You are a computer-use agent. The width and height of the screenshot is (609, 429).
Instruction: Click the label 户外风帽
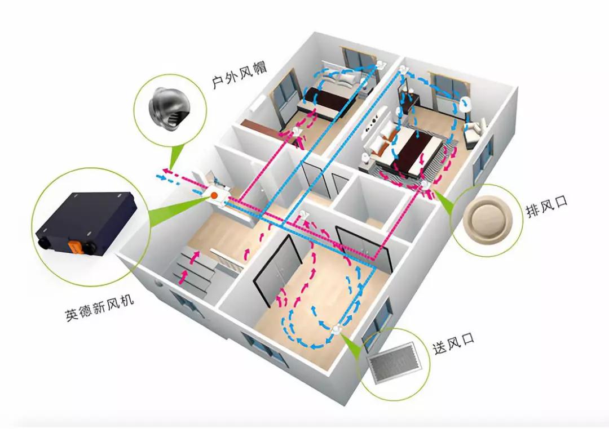pyautogui.click(x=239, y=75)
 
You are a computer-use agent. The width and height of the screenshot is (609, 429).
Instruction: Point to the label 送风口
pyautogui.click(x=453, y=343)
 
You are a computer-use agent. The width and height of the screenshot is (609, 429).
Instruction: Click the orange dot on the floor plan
pyautogui.click(x=214, y=195)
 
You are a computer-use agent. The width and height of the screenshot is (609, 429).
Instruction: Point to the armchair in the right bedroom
pyautogui.click(x=474, y=132)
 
